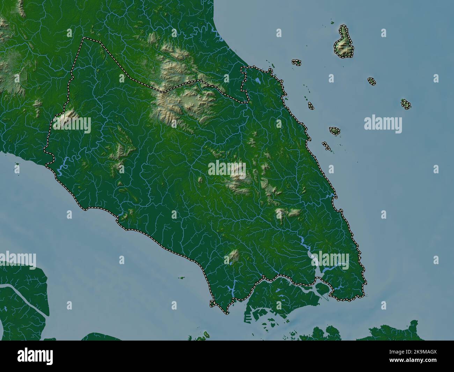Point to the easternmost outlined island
pyautogui.click(x=405, y=104)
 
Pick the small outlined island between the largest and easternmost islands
pyautogui.click(x=372, y=81)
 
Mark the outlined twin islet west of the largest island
pyautogui.click(x=296, y=63)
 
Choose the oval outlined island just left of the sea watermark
pyautogui.click(x=335, y=131)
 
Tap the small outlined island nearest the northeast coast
pyautogui.click(x=310, y=105)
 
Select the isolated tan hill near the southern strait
pyautogui.click(x=234, y=255)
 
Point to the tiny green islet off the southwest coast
pyautogui.click(x=181, y=278)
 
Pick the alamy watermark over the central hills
pyautogui.click(x=227, y=168)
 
